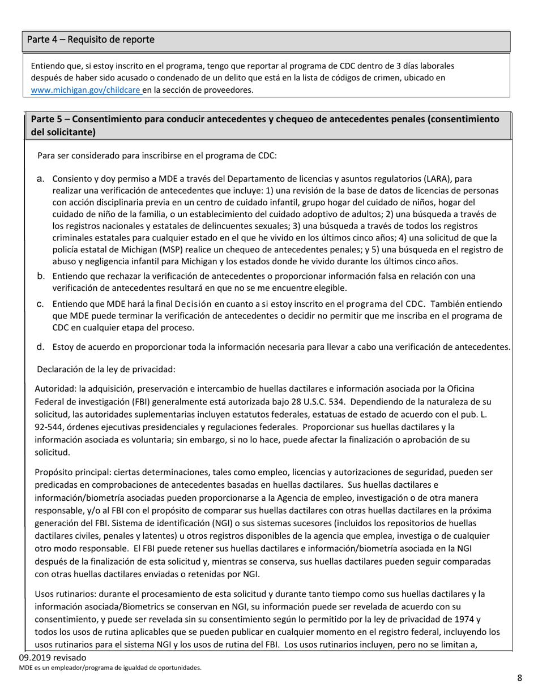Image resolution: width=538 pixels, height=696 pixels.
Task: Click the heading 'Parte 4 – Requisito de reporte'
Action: click(91, 40)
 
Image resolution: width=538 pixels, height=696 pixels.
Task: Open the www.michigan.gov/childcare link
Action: click(86, 89)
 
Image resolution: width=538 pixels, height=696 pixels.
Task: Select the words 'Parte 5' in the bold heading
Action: click(48, 119)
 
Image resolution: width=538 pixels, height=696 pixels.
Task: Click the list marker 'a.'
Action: click(41, 179)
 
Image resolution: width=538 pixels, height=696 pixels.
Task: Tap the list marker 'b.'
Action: click(41, 276)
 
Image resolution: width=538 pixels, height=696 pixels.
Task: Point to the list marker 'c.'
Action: click(41, 303)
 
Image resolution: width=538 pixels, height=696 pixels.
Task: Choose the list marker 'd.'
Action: click(41, 346)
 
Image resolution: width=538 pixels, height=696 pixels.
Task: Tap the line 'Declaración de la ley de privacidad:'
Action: click(106, 369)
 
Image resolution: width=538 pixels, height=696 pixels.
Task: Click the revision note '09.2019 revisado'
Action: click(52, 658)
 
